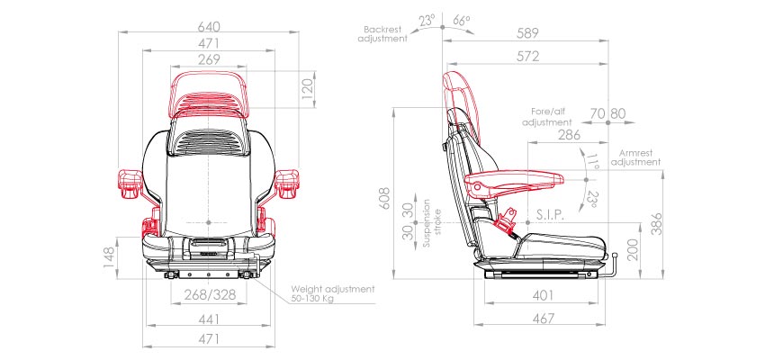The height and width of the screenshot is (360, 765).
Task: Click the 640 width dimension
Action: pos(209,25)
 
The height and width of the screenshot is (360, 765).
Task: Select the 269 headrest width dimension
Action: pos(209,59)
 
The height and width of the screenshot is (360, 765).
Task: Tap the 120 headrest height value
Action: pos(308,89)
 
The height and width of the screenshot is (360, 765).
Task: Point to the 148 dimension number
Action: pos(109,257)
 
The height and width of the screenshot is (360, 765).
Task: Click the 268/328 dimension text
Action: pos(211,294)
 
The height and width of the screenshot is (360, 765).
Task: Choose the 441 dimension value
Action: pos(209,319)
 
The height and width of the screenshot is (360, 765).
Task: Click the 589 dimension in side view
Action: pos(527,33)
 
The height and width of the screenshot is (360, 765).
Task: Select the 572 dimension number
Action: pos(527,57)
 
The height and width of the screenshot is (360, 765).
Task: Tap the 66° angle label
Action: pos(462,21)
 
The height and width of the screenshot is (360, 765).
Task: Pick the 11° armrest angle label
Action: pos(592,161)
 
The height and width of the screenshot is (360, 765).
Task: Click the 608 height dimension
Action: pos(385,198)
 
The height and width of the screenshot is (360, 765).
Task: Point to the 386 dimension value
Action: pos(657,224)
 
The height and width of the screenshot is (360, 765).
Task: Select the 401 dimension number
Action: pos(543,295)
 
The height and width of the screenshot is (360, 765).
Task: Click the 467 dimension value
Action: pos(543,319)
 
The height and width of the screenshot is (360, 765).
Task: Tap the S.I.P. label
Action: pos(550,215)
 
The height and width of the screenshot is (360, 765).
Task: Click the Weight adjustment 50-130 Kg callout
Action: pos(333,293)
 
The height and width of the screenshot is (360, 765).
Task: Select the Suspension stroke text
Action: pos(433,223)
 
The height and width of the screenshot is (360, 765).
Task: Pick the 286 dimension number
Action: pos(569,135)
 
